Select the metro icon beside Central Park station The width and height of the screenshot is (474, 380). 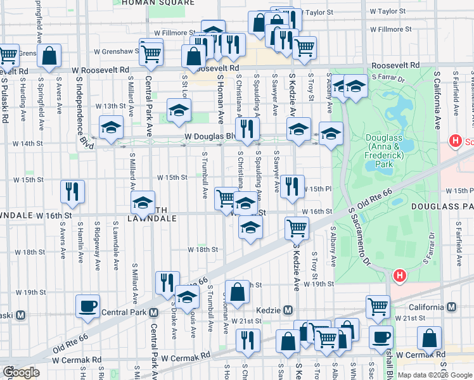point(153,312)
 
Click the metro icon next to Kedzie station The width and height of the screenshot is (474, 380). point(288,310)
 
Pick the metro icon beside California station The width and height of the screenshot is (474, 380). point(451,307)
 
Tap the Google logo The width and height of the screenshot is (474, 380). point(21,372)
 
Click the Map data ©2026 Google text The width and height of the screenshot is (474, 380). point(434,375)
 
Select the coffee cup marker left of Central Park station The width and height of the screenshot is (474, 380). point(87,307)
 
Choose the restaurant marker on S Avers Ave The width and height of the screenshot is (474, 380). point(72,191)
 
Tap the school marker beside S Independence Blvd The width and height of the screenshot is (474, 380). point(111,127)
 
